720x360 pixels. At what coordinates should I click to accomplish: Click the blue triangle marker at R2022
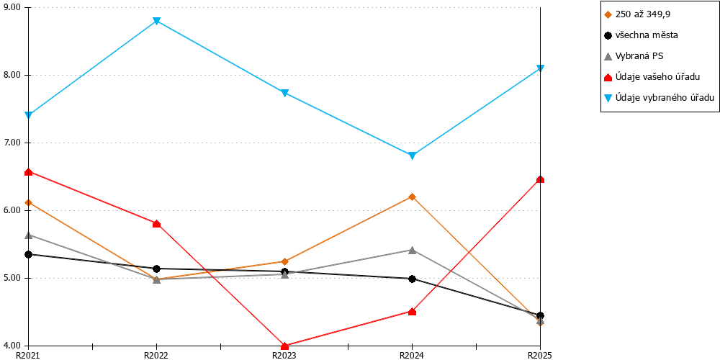(x=156, y=21)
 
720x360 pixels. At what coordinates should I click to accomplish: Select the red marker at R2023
(x=284, y=346)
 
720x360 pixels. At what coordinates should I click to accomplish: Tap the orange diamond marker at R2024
(x=412, y=197)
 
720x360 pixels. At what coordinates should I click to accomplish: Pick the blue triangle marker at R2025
(x=541, y=69)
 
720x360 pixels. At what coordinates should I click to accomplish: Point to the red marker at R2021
(x=29, y=172)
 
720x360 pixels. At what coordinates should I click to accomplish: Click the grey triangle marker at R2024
(x=412, y=250)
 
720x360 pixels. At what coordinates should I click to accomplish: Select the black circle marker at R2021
(x=29, y=254)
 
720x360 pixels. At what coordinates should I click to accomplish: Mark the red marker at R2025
(x=541, y=179)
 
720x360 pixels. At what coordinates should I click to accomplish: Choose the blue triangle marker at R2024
(x=412, y=156)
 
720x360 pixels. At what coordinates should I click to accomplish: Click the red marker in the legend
(x=608, y=77)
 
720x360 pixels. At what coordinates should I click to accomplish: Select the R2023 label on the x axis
(x=284, y=355)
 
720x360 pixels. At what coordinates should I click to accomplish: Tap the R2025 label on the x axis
(x=539, y=355)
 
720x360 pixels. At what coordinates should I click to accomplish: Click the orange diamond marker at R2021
(x=29, y=202)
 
